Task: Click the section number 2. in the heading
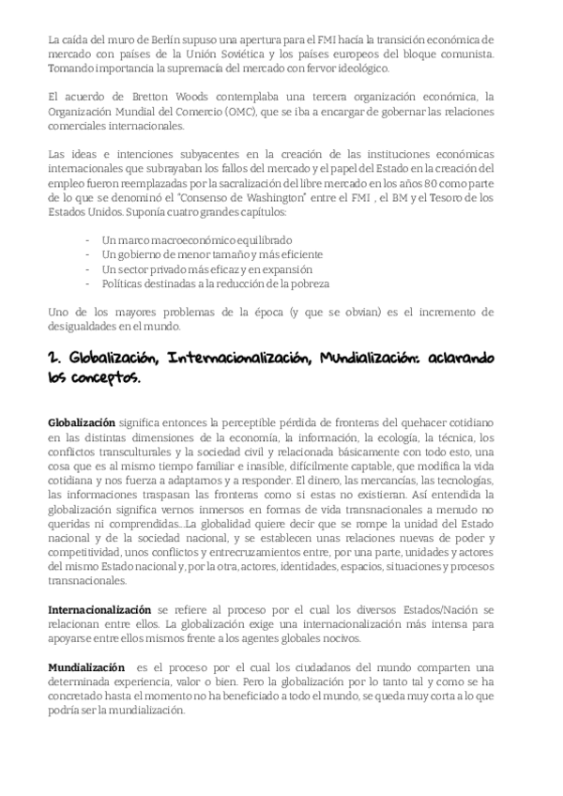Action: (x=54, y=359)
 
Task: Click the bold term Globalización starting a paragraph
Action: (x=83, y=423)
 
